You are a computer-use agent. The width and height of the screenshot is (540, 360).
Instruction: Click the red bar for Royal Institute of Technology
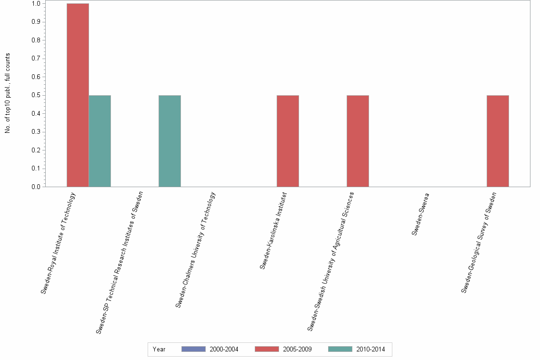click(78, 95)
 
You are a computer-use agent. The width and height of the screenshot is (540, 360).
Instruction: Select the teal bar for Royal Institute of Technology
click(100, 141)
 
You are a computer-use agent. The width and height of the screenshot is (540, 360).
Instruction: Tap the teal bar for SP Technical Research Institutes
click(170, 141)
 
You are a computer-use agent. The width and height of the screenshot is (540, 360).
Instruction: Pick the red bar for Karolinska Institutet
click(288, 141)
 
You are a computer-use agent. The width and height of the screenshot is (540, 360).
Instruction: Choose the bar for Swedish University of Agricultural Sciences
click(358, 141)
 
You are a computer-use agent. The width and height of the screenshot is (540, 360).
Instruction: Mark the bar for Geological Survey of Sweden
click(498, 141)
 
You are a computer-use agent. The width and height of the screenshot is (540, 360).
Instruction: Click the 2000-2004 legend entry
click(210, 349)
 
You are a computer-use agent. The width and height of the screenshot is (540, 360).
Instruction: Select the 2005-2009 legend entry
click(283, 349)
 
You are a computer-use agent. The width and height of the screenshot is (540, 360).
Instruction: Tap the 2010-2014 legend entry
click(357, 349)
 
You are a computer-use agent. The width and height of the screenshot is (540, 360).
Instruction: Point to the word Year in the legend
click(159, 350)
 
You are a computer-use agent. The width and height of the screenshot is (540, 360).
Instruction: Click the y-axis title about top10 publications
click(8, 93)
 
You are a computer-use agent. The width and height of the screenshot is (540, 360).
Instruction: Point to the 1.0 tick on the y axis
click(36, 4)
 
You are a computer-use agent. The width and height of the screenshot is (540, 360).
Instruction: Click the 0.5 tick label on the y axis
click(36, 95)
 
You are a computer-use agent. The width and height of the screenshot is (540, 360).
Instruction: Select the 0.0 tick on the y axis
click(36, 187)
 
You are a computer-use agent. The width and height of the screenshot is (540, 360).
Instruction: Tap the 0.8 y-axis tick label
click(36, 40)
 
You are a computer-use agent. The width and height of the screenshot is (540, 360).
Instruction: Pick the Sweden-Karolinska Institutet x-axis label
click(273, 230)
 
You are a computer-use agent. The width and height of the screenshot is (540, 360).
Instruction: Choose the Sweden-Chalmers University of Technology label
click(196, 250)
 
